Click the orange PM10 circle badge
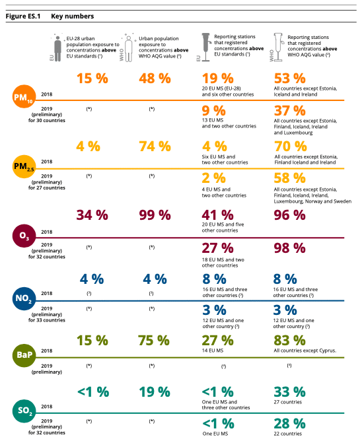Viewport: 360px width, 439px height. [x=24, y=96]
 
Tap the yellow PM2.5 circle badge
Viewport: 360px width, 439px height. [x=24, y=166]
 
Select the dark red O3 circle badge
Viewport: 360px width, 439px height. [x=24, y=236]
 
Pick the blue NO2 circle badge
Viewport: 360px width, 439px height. [x=24, y=298]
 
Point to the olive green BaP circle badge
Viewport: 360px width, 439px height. [x=24, y=355]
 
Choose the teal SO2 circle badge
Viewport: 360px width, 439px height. [x=24, y=411]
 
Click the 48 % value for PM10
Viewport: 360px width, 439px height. [x=155, y=79]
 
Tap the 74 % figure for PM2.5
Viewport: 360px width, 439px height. [x=155, y=147]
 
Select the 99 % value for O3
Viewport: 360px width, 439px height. [x=155, y=215]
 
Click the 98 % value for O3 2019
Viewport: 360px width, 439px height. [x=290, y=248]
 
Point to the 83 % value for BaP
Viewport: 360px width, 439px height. [x=290, y=341]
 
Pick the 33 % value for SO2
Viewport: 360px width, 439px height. [x=290, y=392]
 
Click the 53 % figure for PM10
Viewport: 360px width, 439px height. [x=290, y=79]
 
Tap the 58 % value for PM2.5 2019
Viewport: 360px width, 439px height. [x=290, y=178]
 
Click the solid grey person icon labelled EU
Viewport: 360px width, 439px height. [x=57, y=49]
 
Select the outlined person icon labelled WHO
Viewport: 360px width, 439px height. [x=129, y=49]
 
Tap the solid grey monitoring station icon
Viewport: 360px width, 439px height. [x=206, y=47]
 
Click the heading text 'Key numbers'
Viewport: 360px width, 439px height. [x=72, y=17]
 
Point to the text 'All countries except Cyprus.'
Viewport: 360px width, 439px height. [x=305, y=351]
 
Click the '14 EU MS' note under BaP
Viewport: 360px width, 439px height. [x=213, y=351]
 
